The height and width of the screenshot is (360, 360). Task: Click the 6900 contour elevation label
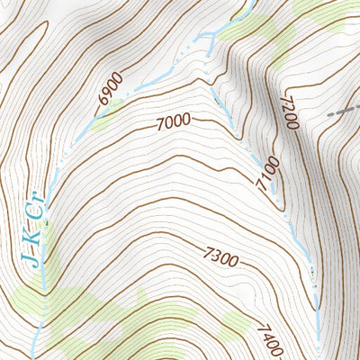click(110, 94)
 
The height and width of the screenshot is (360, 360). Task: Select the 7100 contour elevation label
click(267, 174)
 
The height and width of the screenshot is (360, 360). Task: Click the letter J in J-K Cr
click(30, 259)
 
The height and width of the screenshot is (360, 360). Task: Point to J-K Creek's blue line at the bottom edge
click(34, 354)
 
